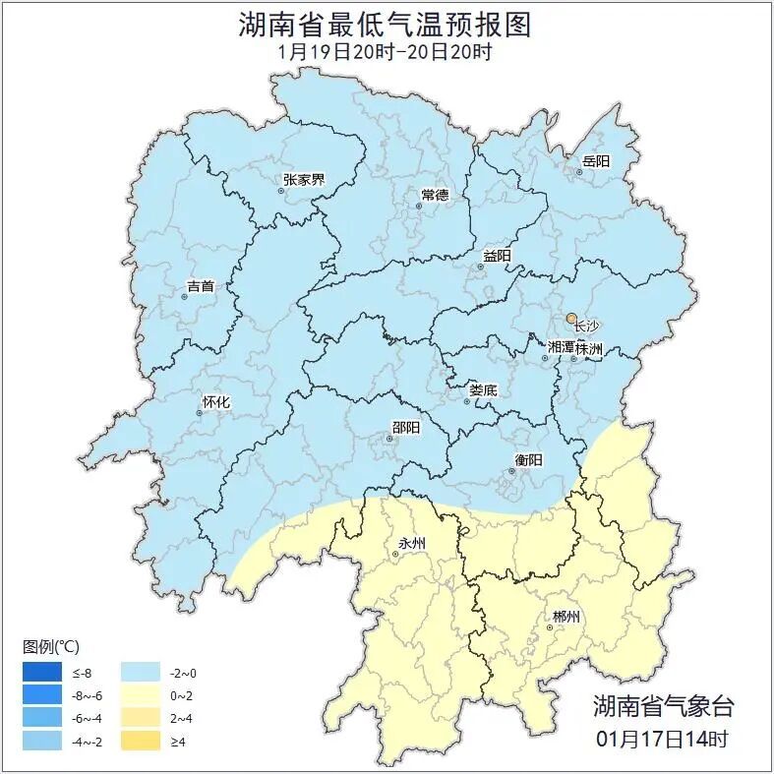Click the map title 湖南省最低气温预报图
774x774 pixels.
click(x=386, y=25)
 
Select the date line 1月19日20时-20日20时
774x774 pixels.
click(x=386, y=52)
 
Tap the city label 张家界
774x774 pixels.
click(x=303, y=179)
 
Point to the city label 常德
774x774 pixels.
click(x=434, y=194)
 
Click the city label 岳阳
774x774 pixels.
click(x=596, y=160)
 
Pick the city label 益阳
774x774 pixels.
click(x=497, y=256)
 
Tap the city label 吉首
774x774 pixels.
click(x=200, y=286)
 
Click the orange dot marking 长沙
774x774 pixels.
click(x=571, y=319)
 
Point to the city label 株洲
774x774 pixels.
click(x=589, y=348)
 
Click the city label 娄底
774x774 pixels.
click(x=482, y=389)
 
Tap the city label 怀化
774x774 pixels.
click(x=215, y=401)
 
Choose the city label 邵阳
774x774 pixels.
click(x=405, y=427)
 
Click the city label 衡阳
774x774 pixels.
click(x=528, y=459)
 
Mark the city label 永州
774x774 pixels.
click(x=412, y=543)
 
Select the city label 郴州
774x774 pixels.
click(x=566, y=617)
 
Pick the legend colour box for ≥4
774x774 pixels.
click(x=140, y=740)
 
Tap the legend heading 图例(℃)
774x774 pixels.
click(x=52, y=646)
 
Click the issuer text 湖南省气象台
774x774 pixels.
click(x=663, y=705)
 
